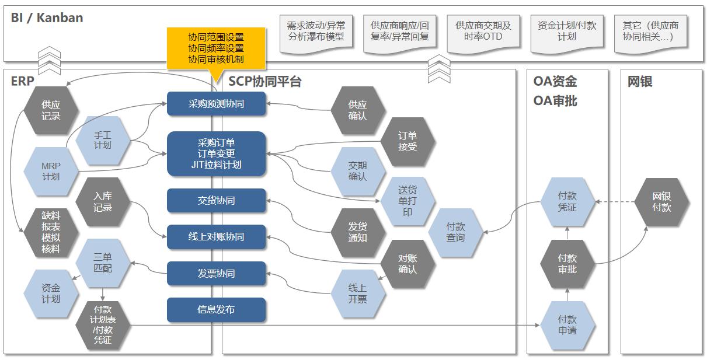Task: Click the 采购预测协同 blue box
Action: click(216, 104)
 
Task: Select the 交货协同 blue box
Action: click(216, 201)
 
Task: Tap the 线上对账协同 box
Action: click(216, 237)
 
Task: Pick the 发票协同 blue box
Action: click(216, 274)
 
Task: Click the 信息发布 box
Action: click(216, 310)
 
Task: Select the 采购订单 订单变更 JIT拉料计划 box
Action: click(216, 153)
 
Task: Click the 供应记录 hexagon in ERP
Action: click(51, 110)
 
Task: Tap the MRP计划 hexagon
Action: click(51, 171)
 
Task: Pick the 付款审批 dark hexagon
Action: click(567, 263)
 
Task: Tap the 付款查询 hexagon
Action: click(455, 232)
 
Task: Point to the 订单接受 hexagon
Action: click(408, 141)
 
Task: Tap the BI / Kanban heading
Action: click(47, 18)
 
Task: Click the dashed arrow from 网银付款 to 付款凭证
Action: click(614, 202)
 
